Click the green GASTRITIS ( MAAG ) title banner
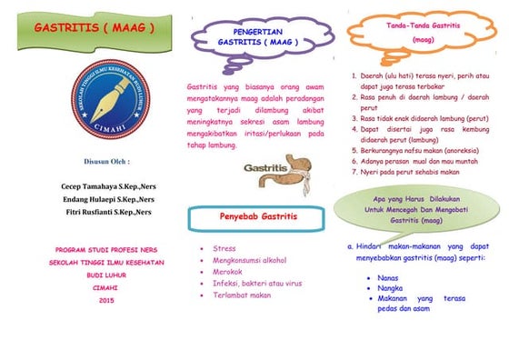pyautogui.click(x=95, y=28)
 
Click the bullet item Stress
pyautogui.click(x=224, y=248)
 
